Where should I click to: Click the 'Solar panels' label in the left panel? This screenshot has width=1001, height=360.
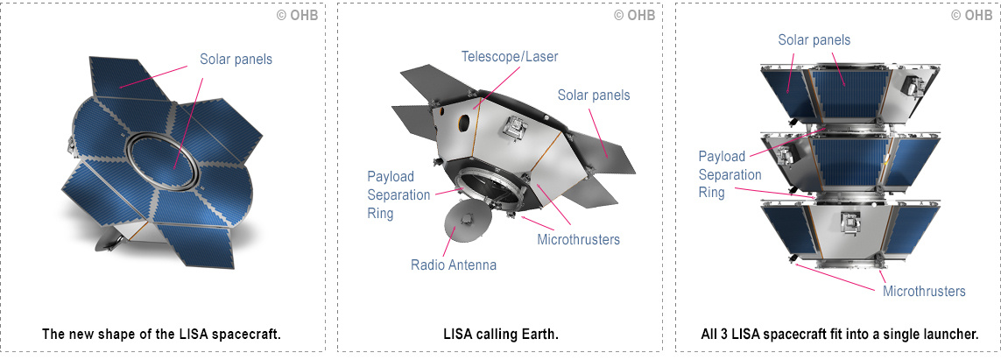coord(236,60)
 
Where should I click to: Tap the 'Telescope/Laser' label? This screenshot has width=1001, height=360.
coord(510,57)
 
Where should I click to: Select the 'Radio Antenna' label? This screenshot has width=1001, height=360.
coord(454,265)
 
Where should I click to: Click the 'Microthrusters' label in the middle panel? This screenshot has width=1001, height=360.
coord(579,239)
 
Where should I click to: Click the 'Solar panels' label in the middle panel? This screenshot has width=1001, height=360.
coord(594,95)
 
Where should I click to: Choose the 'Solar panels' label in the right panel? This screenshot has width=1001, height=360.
coord(814,39)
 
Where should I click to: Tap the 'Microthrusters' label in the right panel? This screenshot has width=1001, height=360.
coord(924,291)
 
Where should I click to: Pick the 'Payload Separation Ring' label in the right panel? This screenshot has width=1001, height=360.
coord(730,174)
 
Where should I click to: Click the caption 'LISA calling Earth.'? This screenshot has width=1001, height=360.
coord(501,334)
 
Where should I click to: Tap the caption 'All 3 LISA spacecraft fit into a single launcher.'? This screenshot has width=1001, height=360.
coord(839,334)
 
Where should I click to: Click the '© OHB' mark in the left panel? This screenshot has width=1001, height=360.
coord(298,15)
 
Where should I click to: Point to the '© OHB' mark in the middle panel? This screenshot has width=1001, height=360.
coord(635,15)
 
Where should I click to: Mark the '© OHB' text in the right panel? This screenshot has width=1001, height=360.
coord(972,15)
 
